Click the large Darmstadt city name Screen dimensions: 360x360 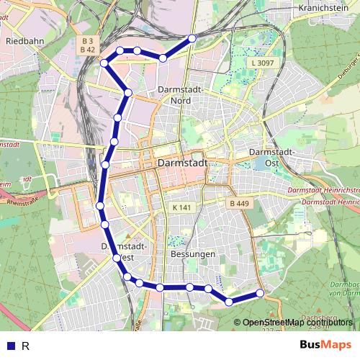coord(181,163)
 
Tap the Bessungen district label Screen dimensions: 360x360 coord(193,255)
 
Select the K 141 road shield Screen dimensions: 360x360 coord(181,207)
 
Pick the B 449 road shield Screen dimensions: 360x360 coord(239,204)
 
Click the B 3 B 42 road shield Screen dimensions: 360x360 coord(87,45)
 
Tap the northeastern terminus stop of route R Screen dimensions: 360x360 coord(192,38)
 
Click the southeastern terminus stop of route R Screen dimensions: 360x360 coord(261,292)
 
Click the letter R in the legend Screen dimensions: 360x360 coord(25,346)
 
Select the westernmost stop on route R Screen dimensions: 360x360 coord(99,207)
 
